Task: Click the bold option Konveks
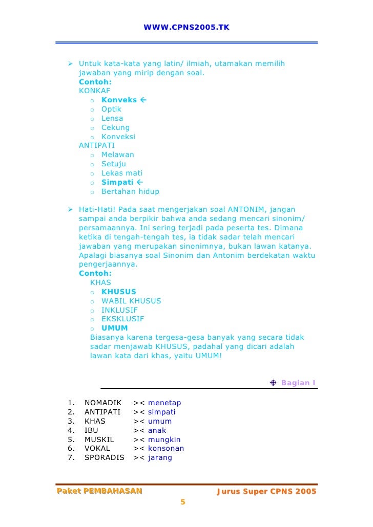(x=119, y=100)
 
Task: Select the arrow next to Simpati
(x=140, y=182)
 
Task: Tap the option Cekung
(x=115, y=127)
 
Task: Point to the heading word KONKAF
(x=94, y=91)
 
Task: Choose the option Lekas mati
(x=122, y=173)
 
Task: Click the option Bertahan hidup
(x=130, y=191)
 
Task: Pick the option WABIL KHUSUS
(x=131, y=301)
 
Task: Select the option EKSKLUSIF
(x=122, y=319)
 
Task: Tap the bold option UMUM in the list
(x=114, y=328)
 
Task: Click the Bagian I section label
(x=298, y=383)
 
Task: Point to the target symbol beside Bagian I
(x=273, y=383)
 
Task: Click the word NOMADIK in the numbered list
(x=103, y=403)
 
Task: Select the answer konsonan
(x=166, y=449)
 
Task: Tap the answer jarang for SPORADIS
(x=160, y=458)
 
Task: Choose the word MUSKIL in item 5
(x=99, y=440)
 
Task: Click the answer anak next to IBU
(x=157, y=430)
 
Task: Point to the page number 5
(x=182, y=502)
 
